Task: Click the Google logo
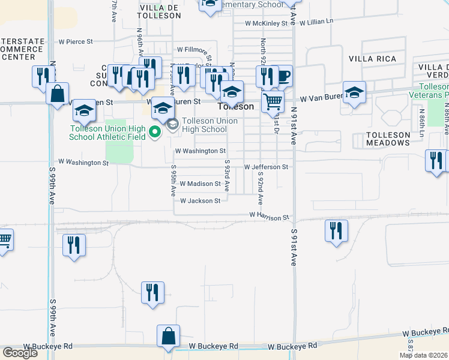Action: [20, 353]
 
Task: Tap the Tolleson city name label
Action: [235, 106]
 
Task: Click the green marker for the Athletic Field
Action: [155, 131]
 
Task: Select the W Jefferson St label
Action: [266, 167]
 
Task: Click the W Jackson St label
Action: [200, 201]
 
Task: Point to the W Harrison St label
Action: [270, 216]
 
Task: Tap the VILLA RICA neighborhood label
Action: [371, 59]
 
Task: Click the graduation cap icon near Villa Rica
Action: [354, 93]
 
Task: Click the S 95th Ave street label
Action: [173, 181]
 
